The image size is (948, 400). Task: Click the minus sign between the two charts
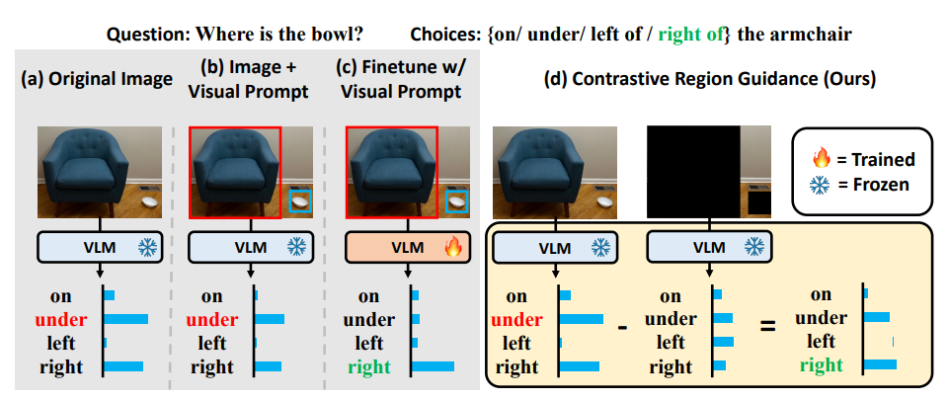tap(622, 325)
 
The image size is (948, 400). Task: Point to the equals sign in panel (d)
tap(767, 325)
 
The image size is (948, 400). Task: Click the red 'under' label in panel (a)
tap(61, 320)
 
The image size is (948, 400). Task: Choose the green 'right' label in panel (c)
tap(368, 367)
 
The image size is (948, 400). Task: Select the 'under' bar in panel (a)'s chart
tap(126, 320)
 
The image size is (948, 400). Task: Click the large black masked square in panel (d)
tap(693, 172)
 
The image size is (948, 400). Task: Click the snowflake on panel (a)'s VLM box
tap(143, 247)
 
